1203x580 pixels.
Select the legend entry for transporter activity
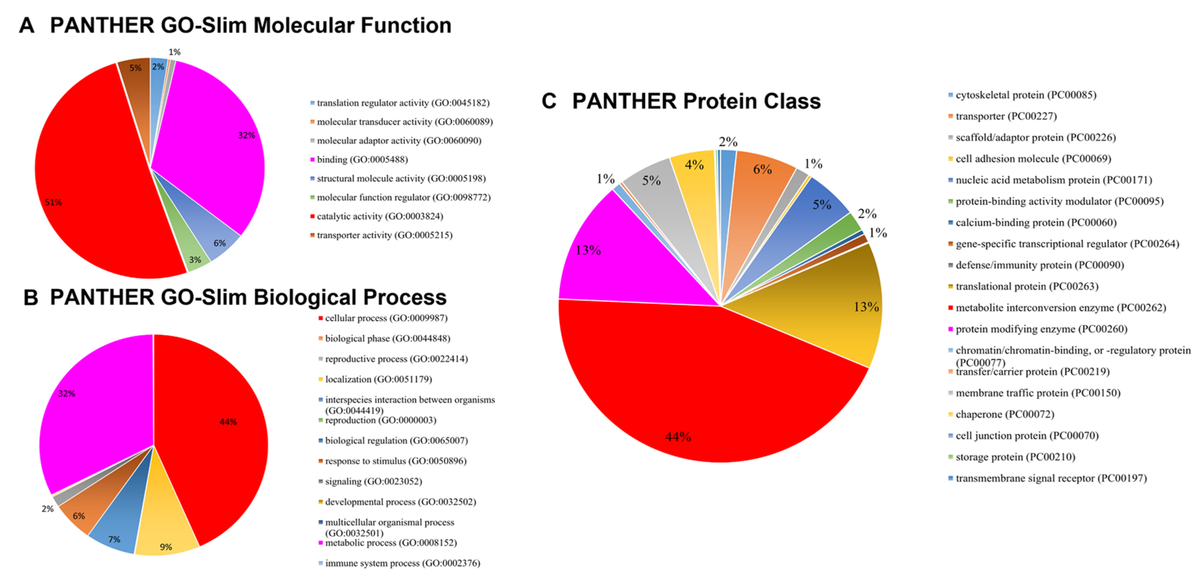pos(384,235)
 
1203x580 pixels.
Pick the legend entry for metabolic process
pos(390,542)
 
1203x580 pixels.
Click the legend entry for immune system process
pos(402,563)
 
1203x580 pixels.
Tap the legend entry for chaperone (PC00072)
pos(1004,415)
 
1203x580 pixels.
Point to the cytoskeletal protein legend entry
pos(1025,95)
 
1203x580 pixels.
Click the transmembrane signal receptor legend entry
pos(1050,478)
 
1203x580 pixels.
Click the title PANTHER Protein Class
pos(696,101)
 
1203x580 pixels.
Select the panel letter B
pos(31,298)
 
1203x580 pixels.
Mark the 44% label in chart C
pos(678,437)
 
